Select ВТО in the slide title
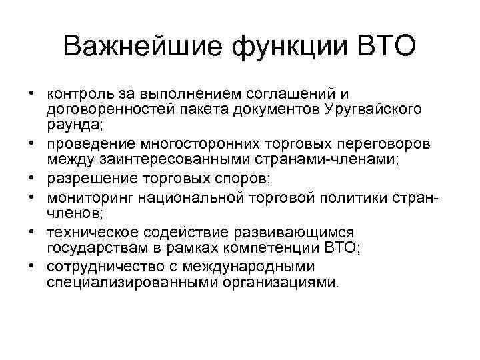[387, 47]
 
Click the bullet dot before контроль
[31, 95]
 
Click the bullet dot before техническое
[31, 231]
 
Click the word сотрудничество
[102, 267]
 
